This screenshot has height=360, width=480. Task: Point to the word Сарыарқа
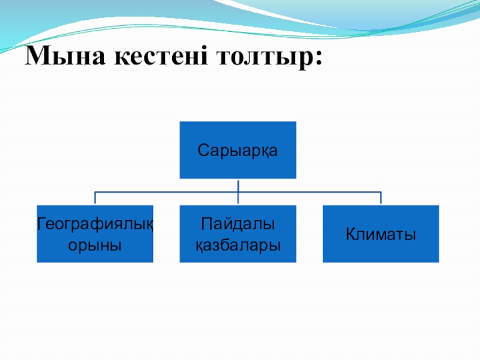(238, 150)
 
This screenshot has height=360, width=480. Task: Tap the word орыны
(95, 245)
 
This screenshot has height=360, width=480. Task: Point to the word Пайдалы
(238, 224)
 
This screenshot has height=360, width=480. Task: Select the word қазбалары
(238, 245)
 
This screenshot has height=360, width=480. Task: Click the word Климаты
(380, 235)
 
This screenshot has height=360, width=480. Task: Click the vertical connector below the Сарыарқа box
(238, 185)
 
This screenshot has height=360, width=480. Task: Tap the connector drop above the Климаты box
(380, 199)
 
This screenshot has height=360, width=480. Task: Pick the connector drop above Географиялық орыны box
(95, 199)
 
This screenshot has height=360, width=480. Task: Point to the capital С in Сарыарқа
(202, 150)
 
